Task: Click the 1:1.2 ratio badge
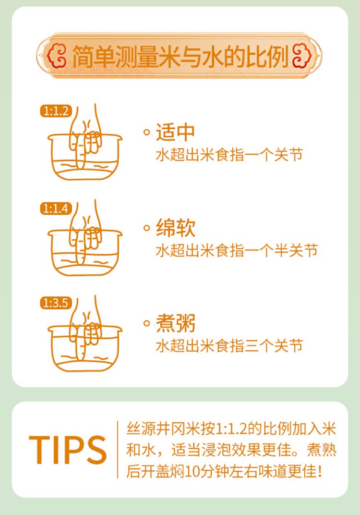56,111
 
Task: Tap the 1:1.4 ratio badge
56,208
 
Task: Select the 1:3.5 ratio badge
56,303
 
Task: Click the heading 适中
175,132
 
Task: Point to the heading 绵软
175,228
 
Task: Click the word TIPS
68,450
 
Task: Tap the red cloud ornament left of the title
57,55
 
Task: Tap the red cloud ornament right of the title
301,55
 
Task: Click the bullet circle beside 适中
147,133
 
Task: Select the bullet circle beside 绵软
147,228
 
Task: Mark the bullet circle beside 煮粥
147,323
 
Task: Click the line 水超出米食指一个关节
229,155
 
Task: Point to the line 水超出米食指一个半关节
237,250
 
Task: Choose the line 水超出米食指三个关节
229,345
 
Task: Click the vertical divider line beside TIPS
117,450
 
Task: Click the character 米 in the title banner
171,56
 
